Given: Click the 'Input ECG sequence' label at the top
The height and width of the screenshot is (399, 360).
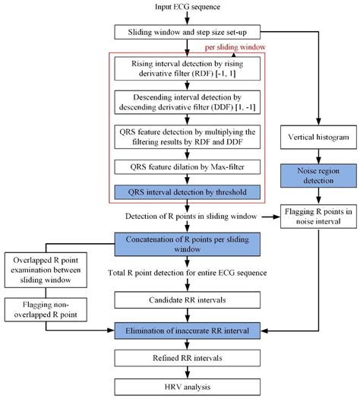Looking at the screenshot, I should [x=176, y=8].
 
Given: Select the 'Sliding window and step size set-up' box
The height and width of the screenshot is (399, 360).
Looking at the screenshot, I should [x=176, y=32].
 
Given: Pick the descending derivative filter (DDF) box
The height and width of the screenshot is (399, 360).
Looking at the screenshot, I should [x=176, y=103].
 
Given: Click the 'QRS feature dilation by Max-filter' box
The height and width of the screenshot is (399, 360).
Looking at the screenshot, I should [x=176, y=166].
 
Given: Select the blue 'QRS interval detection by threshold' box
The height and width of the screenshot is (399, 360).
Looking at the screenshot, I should [x=176, y=190].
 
